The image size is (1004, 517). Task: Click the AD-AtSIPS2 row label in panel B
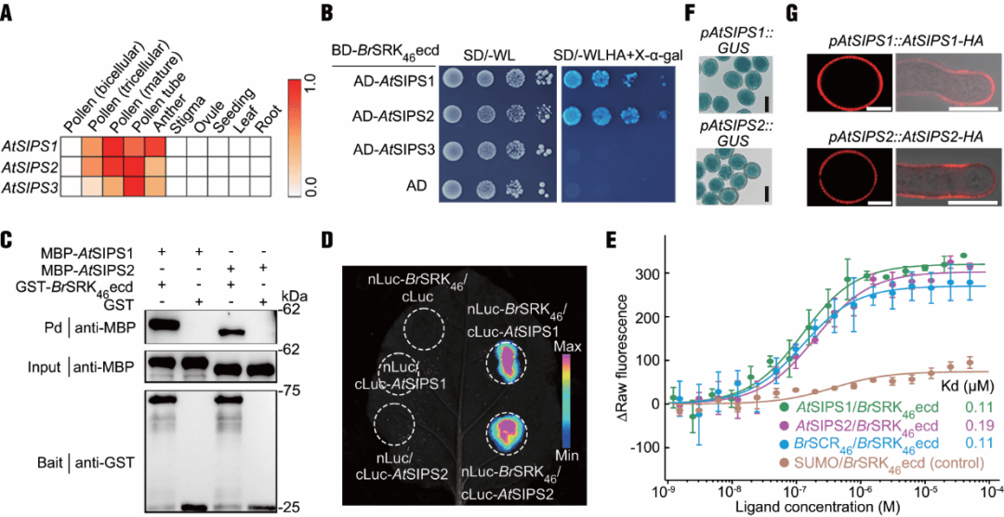(388, 115)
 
